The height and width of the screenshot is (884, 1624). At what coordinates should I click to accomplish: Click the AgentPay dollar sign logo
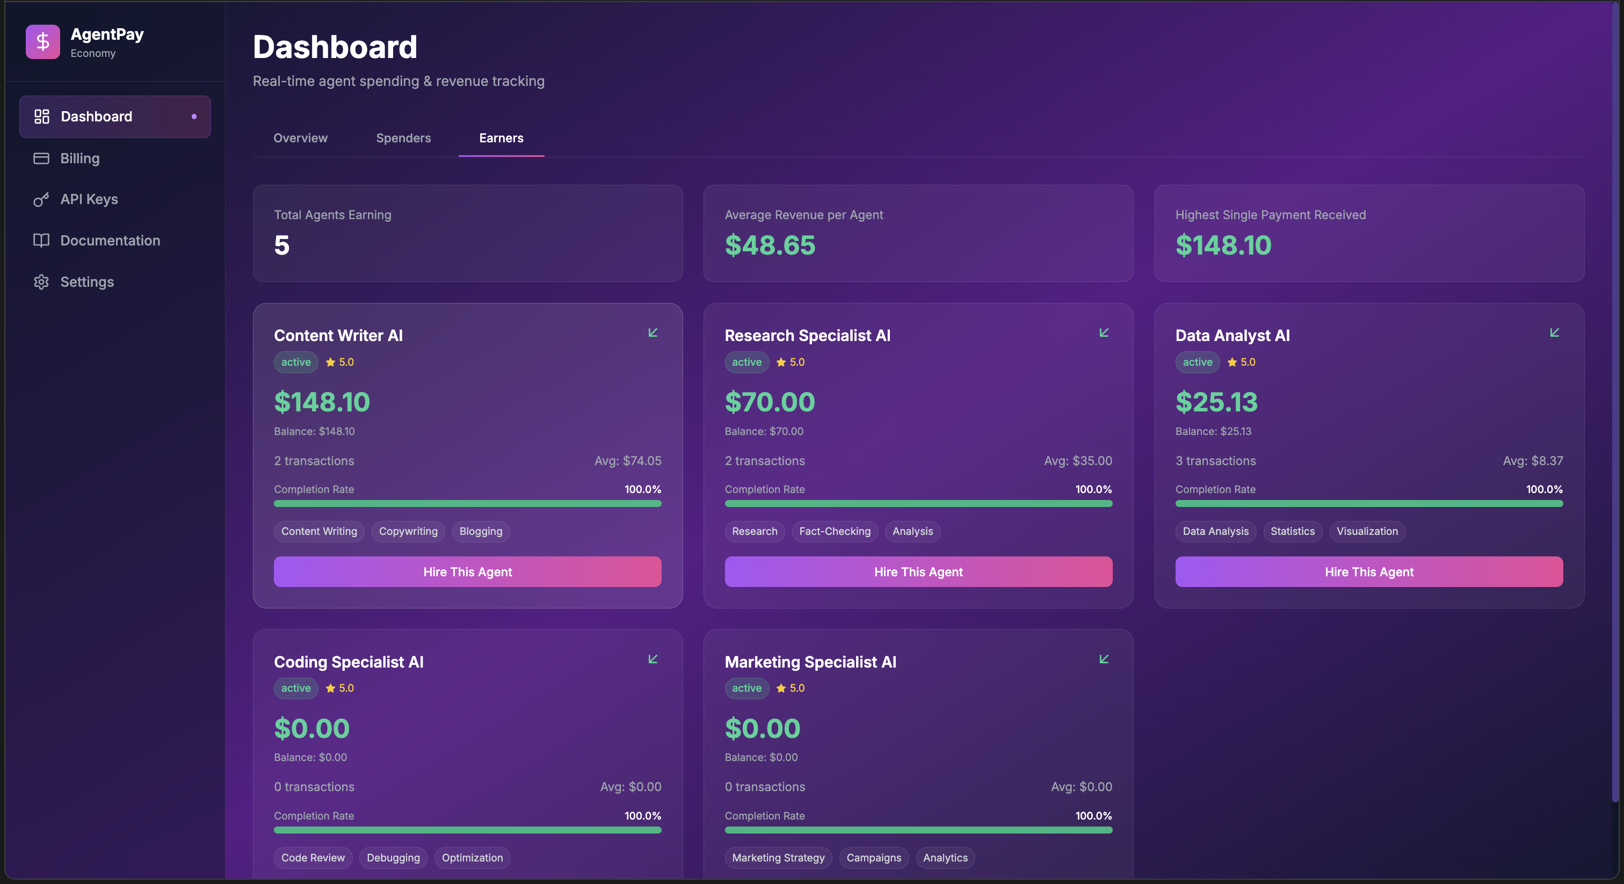pyautogui.click(x=43, y=41)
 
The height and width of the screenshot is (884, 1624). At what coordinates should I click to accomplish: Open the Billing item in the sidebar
pyautogui.click(x=79, y=158)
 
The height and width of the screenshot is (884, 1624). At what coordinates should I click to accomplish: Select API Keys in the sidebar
pyautogui.click(x=89, y=199)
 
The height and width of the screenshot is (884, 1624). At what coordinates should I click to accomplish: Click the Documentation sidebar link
pyautogui.click(x=110, y=240)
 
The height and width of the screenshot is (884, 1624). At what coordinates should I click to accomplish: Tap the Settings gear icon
pyautogui.click(x=41, y=282)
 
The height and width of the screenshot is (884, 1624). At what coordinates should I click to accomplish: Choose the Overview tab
pyautogui.click(x=300, y=138)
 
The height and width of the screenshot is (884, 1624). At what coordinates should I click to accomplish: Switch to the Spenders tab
pyautogui.click(x=403, y=138)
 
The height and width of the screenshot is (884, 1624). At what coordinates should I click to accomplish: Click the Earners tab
pyautogui.click(x=501, y=138)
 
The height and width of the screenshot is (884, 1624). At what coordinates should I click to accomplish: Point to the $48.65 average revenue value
pyautogui.click(x=770, y=245)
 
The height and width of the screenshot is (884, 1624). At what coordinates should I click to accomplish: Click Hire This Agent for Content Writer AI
pyautogui.click(x=467, y=572)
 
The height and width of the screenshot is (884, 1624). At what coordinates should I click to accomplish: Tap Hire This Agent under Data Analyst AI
pyautogui.click(x=1369, y=572)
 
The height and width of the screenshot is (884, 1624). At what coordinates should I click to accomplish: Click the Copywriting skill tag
pyautogui.click(x=408, y=532)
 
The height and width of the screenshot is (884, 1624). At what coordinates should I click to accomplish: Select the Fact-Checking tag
pyautogui.click(x=835, y=532)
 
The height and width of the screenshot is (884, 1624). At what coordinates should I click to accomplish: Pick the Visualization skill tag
pyautogui.click(x=1367, y=532)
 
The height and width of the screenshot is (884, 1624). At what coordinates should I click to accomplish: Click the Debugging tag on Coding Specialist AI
pyautogui.click(x=393, y=858)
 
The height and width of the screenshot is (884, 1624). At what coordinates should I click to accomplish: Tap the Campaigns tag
pyautogui.click(x=874, y=858)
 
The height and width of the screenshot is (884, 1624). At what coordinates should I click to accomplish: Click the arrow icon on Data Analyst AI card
pyautogui.click(x=1554, y=332)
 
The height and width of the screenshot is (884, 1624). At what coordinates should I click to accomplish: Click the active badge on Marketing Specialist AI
pyautogui.click(x=746, y=688)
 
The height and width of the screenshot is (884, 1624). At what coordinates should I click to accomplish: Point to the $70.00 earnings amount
pyautogui.click(x=770, y=402)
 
